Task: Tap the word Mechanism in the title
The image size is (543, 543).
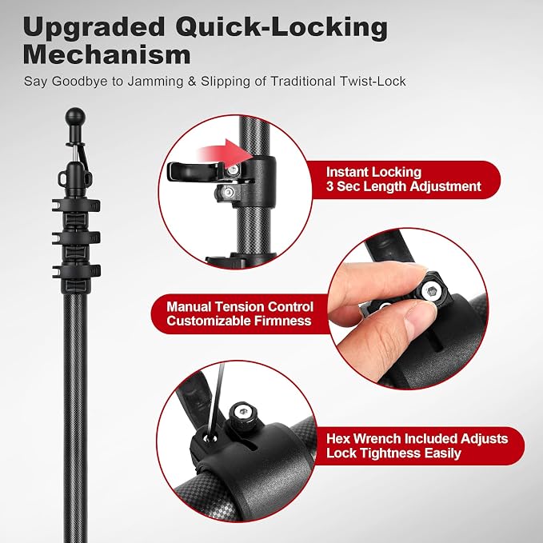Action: [x=106, y=55]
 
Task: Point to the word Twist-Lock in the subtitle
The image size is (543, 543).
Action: [x=373, y=82]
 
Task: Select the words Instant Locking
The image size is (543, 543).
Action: [x=373, y=172]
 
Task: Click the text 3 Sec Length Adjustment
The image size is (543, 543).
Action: [x=403, y=186]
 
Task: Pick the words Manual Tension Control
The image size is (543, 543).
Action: [x=240, y=307]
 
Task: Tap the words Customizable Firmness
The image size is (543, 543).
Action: [x=239, y=321]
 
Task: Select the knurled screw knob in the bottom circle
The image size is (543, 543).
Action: [x=242, y=413]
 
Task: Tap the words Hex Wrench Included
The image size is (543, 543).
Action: [x=392, y=439]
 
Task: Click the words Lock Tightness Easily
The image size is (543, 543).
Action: [x=393, y=453]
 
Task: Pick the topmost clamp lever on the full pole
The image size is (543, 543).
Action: [x=76, y=205]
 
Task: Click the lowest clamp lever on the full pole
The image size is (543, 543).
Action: [x=76, y=271]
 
